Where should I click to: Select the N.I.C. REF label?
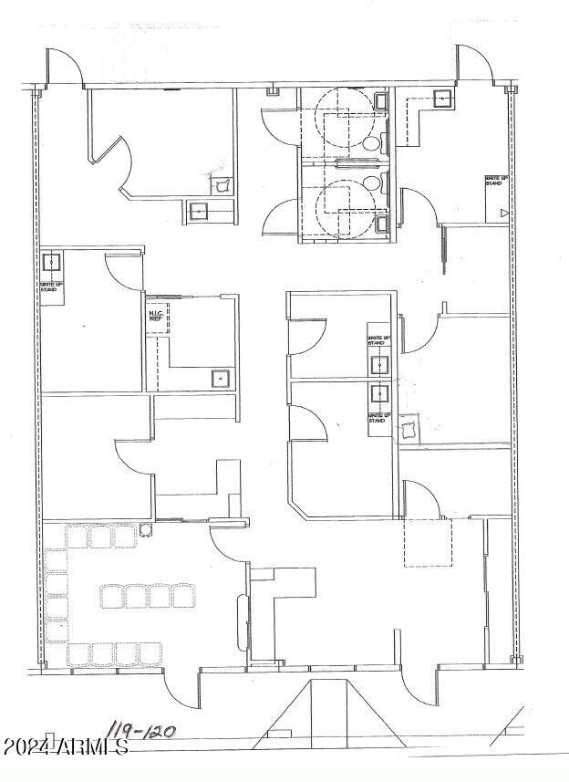pos(155,316)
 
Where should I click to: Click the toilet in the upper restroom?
pos(372,144)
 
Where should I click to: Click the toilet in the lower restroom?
pos(372,183)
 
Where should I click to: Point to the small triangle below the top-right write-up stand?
pos(504,213)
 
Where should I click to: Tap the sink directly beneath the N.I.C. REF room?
pos(220,377)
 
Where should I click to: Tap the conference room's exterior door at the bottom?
pos(181,689)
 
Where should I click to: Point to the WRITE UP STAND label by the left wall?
pos(50,286)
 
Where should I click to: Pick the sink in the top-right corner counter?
pos(443,99)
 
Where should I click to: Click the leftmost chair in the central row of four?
pos(113,597)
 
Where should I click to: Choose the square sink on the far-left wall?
pos(52,263)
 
